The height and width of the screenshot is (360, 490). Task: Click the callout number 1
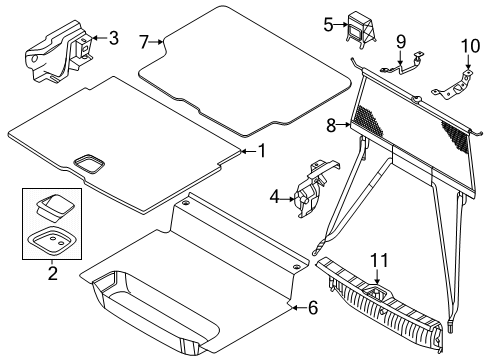263,151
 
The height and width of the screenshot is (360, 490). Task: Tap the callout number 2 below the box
53,273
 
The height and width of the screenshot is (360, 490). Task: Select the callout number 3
114,38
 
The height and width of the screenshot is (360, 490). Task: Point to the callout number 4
274,197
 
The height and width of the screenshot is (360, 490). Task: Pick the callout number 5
328,25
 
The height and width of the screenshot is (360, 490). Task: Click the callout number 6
313,308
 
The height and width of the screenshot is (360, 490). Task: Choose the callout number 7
144,42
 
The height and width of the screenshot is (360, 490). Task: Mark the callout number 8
331,126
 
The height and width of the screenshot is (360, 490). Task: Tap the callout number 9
401,42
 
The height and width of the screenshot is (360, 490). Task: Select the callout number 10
470,46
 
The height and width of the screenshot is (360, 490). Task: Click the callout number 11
379,260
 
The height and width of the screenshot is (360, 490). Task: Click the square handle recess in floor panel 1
89,163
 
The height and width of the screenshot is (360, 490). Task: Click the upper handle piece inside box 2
53,207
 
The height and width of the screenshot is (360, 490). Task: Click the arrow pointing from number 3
99,38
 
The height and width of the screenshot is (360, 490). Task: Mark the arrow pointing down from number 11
377,276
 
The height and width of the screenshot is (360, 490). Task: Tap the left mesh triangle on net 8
370,121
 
